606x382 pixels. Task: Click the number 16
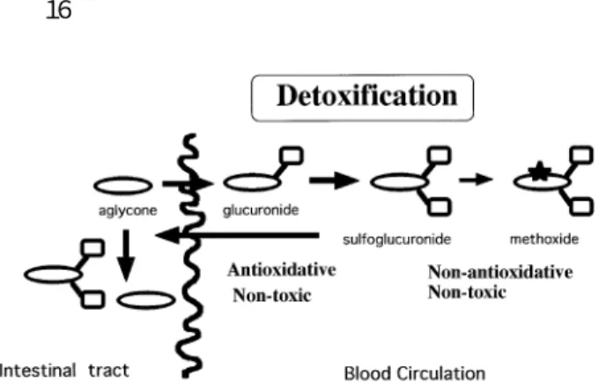tap(59, 11)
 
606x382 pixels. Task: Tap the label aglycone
tap(128, 211)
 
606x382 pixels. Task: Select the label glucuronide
tap(261, 210)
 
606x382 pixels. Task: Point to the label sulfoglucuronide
tap(396, 239)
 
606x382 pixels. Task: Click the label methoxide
tap(544, 239)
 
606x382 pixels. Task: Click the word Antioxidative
tap(282, 270)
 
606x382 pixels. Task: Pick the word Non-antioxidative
tap(500, 272)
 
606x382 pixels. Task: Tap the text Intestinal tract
tap(64, 371)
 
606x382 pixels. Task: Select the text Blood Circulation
tap(414, 373)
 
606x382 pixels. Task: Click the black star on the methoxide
tap(540, 171)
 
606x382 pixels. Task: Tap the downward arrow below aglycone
tap(126, 255)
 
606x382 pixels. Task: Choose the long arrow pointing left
tap(237, 235)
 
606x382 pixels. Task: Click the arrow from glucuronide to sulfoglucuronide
tap(334, 180)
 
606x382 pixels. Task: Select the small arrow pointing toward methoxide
tap(476, 180)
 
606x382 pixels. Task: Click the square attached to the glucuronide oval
tap(291, 156)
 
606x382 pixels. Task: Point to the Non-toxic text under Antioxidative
tap(271, 296)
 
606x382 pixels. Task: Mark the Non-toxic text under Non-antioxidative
tap(467, 292)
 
